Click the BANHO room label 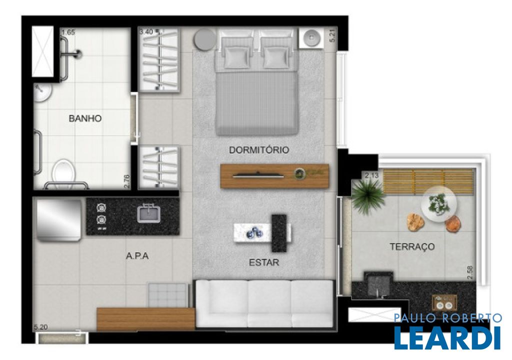tap(85, 118)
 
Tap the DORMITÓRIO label tap(259, 150)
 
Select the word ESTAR tap(264, 262)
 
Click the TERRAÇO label tap(412, 246)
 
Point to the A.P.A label tap(137, 256)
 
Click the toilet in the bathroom tap(63, 171)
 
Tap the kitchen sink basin tap(149, 213)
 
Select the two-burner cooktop tap(101, 216)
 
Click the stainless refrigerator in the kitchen tap(59, 220)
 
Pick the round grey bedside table tap(204, 40)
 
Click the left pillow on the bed tap(236, 56)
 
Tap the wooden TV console tap(274, 176)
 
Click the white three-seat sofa tap(264, 303)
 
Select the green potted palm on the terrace tap(368, 195)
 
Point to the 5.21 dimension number tap(332, 35)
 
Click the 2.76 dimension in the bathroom tap(127, 182)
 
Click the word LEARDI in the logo tap(447, 337)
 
